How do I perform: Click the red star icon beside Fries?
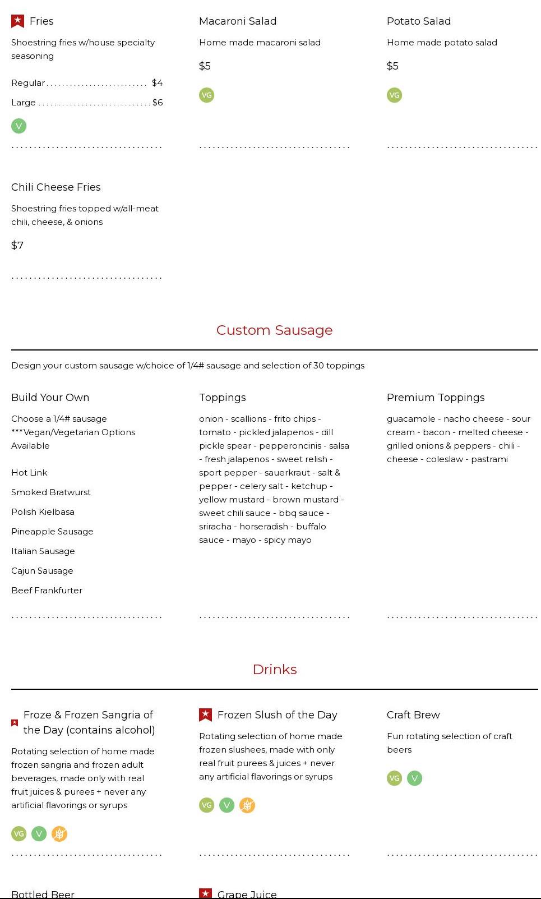tap(17, 21)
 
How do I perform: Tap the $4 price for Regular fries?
tap(157, 83)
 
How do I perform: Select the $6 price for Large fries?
tap(158, 103)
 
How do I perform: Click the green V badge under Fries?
tap(19, 126)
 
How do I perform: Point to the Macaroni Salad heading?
tap(238, 21)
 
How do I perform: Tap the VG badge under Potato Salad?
tap(394, 95)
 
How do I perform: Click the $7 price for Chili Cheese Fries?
tap(17, 246)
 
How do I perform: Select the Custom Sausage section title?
tap(274, 330)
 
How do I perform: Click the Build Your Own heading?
tap(50, 398)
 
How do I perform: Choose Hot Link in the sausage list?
tap(29, 473)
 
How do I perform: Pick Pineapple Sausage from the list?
tap(52, 532)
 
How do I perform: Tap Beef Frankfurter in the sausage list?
tap(47, 591)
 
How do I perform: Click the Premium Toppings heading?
tap(436, 398)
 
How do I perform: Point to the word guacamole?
tap(411, 419)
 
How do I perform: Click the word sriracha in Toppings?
tap(215, 527)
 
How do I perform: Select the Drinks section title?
tap(274, 670)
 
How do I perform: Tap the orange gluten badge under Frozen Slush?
tap(247, 805)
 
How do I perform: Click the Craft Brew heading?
tap(413, 715)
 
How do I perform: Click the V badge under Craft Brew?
tap(414, 778)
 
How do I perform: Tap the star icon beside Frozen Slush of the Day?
tap(205, 715)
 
